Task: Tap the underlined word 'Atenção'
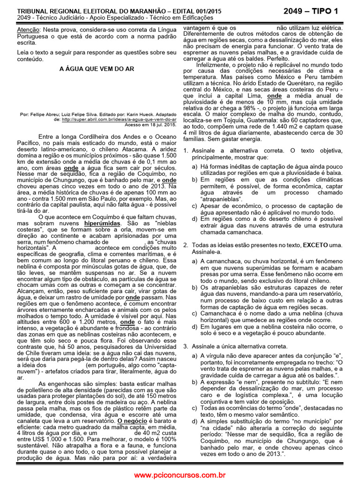[x=28, y=29]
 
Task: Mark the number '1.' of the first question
[x=186, y=150]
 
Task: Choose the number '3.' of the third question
[x=186, y=346]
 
